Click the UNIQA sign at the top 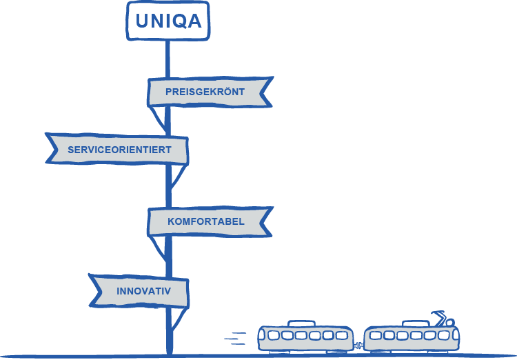[168, 21]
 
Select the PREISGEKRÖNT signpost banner [205, 92]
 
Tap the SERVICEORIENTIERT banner [119, 150]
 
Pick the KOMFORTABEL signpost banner [205, 222]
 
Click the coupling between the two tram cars [359, 343]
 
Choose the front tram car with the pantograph [412, 337]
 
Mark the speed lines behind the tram [236, 337]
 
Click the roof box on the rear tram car [303, 322]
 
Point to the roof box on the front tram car [414, 323]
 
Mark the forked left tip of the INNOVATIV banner [95, 290]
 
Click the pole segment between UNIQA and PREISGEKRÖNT [168, 59]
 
